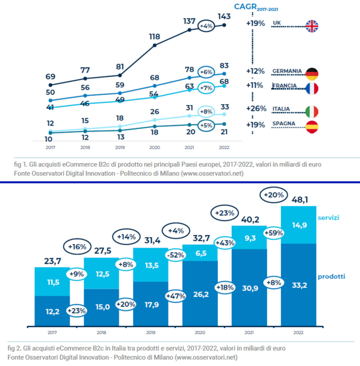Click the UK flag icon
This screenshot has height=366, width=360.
tap(311, 26)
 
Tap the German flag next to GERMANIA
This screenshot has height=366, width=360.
tap(311, 74)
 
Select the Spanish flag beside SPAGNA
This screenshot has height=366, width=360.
tap(311, 127)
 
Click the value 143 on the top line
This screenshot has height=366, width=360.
tap(225, 16)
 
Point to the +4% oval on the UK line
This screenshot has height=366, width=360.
tap(206, 26)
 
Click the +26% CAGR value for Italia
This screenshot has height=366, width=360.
tap(256, 109)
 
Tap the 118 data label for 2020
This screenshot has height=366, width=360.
tap(154, 36)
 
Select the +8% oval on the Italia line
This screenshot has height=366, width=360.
tap(206, 112)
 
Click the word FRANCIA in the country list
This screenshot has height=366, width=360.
tap(285, 86)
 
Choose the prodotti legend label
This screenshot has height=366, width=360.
tap(331, 276)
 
